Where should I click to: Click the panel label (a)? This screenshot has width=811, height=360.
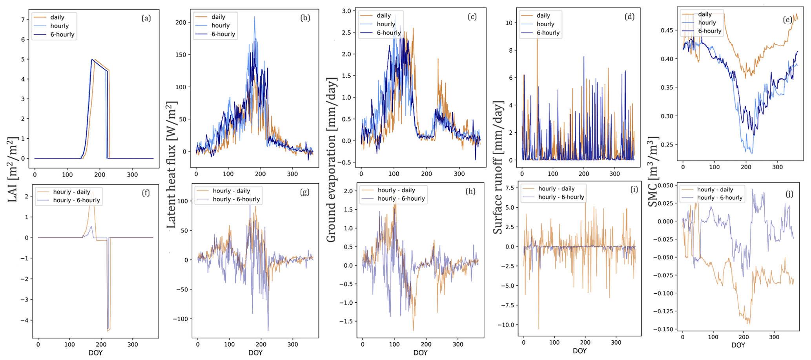pyautogui.click(x=146, y=18)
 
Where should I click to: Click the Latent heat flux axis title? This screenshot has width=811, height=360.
pyautogui.click(x=172, y=165)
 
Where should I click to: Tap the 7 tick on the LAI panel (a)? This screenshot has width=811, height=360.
pyautogui.click(x=23, y=20)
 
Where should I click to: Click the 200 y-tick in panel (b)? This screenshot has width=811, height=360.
pyautogui.click(x=181, y=22)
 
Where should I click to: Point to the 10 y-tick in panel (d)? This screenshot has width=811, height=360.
pyautogui.click(x=509, y=23)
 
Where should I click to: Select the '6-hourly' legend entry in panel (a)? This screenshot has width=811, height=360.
pyautogui.click(x=59, y=35)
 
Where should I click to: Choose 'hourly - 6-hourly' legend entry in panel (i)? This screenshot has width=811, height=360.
pyautogui.click(x=561, y=197)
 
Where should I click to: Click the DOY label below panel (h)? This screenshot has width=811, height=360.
pyautogui.click(x=420, y=353)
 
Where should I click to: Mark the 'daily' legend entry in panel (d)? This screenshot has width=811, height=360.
pyautogui.click(x=543, y=15)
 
